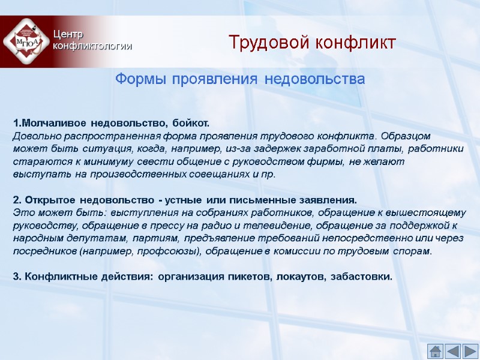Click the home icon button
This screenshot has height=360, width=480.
click(x=436, y=350)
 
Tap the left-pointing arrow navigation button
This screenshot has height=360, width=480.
click(x=453, y=350)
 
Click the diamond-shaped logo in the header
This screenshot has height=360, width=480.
click(x=25, y=41)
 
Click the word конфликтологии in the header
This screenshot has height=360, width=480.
click(x=92, y=46)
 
